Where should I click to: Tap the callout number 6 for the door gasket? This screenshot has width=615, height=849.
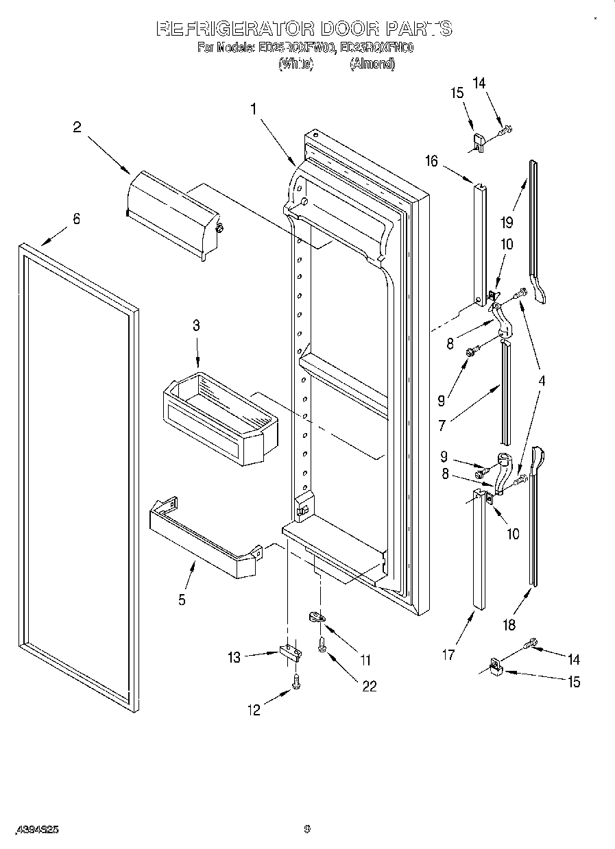click(x=76, y=219)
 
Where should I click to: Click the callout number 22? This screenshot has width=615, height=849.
click(x=368, y=686)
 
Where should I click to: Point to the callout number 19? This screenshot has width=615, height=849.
click(x=506, y=221)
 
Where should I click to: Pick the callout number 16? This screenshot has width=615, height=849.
click(x=431, y=161)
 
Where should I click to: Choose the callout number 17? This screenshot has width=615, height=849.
click(x=447, y=655)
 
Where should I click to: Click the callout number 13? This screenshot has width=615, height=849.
click(x=234, y=657)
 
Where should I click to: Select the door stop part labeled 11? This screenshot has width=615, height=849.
click(x=317, y=617)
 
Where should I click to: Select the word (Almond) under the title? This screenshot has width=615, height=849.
click(x=372, y=64)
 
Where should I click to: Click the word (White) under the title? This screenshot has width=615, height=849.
click(x=296, y=64)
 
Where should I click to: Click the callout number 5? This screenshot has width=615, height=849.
click(x=182, y=600)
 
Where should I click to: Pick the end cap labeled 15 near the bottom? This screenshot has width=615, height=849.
click(x=495, y=666)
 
